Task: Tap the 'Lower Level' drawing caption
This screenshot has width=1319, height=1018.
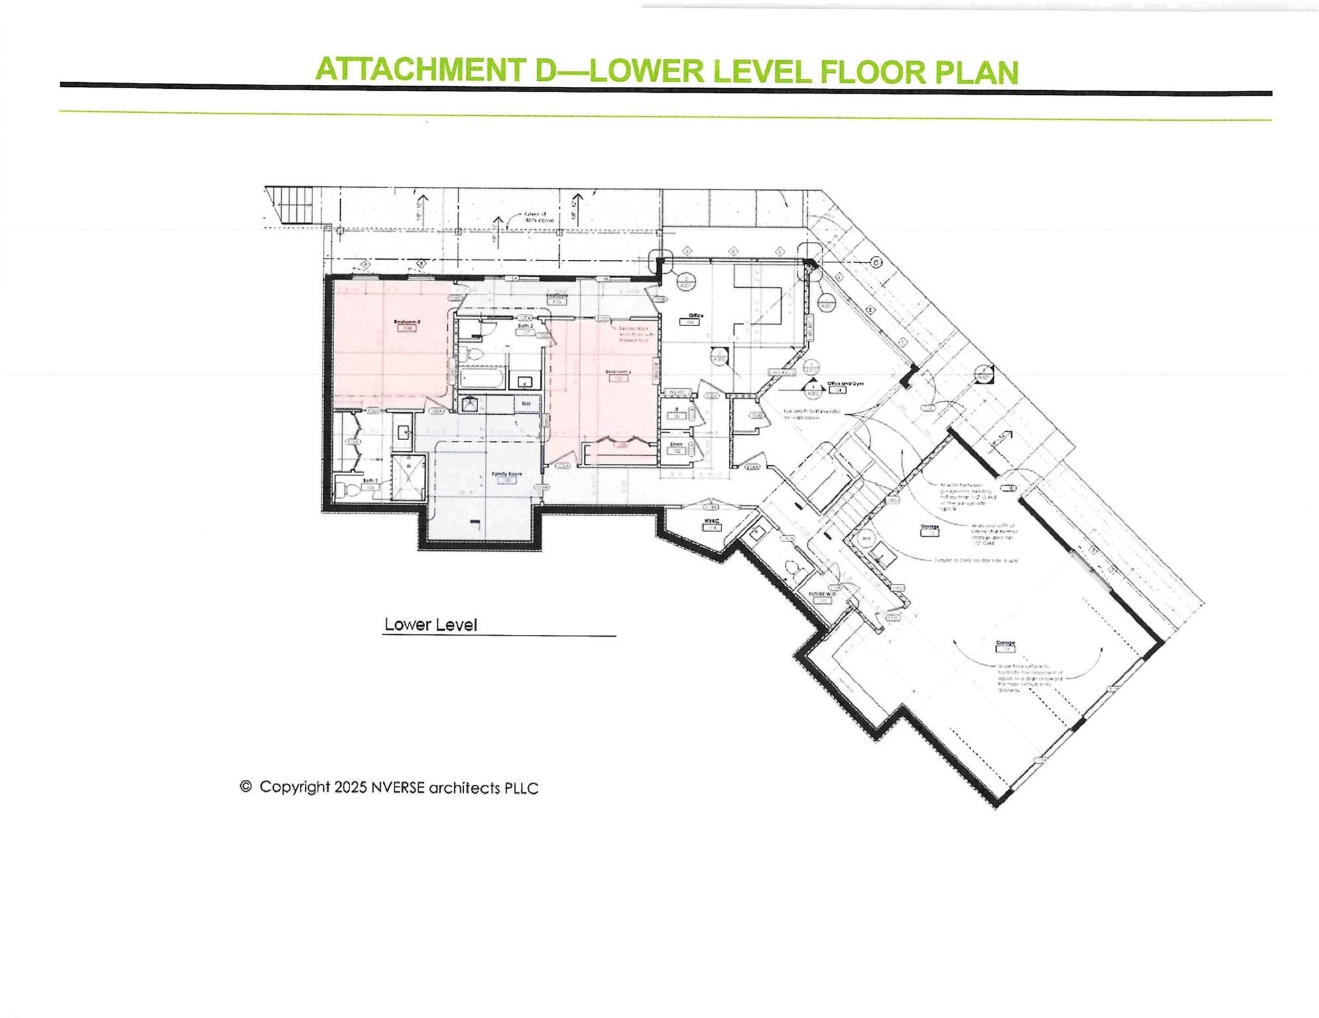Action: pyautogui.click(x=430, y=625)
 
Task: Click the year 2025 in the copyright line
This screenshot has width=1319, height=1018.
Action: pyautogui.click(x=350, y=787)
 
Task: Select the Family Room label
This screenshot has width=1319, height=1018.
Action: pyautogui.click(x=506, y=474)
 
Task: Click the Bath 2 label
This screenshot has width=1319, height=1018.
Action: pyautogui.click(x=526, y=326)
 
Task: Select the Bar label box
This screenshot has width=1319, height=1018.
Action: pyautogui.click(x=526, y=403)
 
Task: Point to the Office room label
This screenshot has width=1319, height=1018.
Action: pyautogui.click(x=695, y=315)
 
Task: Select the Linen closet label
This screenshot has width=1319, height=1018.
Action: pyautogui.click(x=676, y=443)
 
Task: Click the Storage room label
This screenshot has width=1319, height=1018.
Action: pyautogui.click(x=929, y=527)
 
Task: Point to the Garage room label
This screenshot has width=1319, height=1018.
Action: pyautogui.click(x=1005, y=643)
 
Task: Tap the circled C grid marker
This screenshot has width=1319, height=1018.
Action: pyautogui.click(x=876, y=262)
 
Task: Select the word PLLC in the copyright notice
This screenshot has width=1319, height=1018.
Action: pyautogui.click(x=521, y=788)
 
